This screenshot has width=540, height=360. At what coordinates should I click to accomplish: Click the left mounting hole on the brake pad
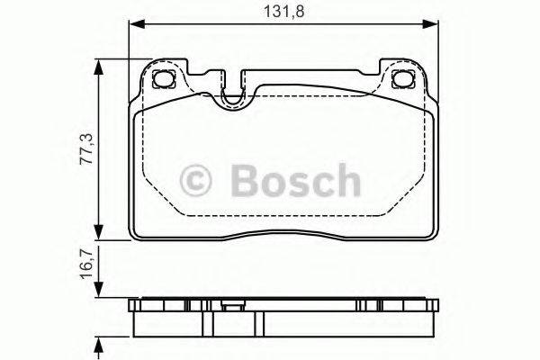point(165,79)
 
